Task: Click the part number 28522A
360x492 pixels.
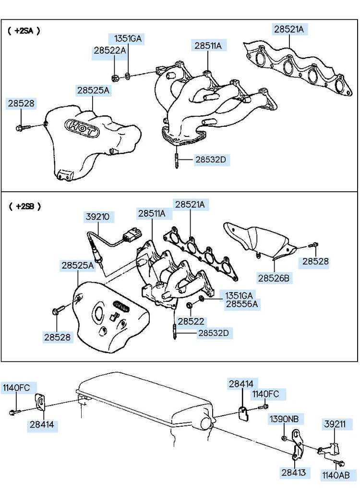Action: tap(109, 50)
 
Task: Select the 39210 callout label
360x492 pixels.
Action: tap(97, 217)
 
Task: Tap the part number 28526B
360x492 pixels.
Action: tap(275, 278)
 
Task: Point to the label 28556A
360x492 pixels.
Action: tap(241, 304)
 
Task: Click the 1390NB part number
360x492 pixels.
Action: tap(283, 419)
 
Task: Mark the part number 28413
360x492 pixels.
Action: tap(294, 473)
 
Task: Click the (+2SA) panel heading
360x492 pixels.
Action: tap(24, 30)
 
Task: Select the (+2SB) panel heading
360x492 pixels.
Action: tap(24, 207)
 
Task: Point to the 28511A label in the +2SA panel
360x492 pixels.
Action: tap(208, 46)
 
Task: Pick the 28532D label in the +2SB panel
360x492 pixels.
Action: tap(214, 332)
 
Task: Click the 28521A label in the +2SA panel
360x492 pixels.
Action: tap(289, 29)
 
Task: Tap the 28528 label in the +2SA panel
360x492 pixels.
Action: tap(21, 103)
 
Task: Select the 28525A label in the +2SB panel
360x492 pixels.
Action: tap(77, 265)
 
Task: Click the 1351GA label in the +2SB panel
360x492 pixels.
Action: tap(238, 295)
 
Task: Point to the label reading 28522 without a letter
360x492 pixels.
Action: tap(191, 321)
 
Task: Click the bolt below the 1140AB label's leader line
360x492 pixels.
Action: tap(341, 464)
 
